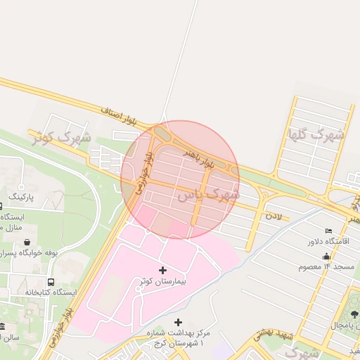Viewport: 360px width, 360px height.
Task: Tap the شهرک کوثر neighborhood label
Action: point(61,135)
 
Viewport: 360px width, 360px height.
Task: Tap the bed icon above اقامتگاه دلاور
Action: point(329,231)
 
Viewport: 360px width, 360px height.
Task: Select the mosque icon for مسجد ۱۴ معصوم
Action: point(326,257)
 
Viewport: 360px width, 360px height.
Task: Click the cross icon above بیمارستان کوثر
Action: point(163,270)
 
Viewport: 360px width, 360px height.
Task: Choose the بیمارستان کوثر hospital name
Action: point(163,281)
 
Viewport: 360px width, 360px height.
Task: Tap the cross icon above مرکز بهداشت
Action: point(177,322)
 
